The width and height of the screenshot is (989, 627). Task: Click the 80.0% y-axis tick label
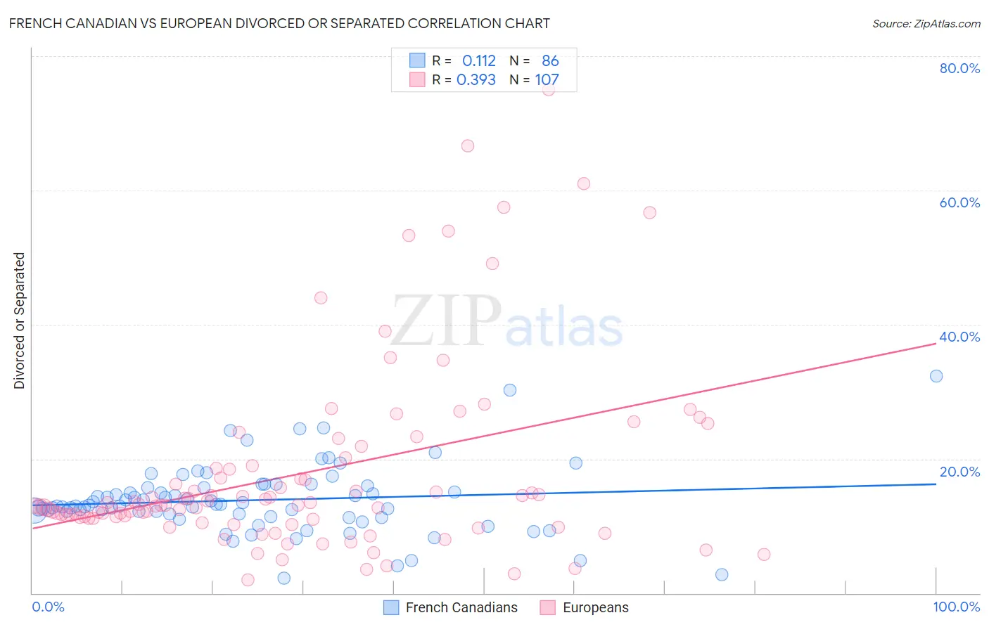[x=959, y=68]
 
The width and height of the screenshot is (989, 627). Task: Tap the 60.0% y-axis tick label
[x=959, y=202]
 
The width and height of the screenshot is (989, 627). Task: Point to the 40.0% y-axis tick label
[x=959, y=337]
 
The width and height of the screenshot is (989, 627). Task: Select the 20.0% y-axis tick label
[x=959, y=472]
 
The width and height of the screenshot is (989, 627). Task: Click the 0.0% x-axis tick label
[x=48, y=607]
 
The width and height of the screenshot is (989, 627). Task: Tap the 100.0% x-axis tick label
[x=956, y=607]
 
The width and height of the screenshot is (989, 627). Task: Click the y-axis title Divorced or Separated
[x=19, y=321]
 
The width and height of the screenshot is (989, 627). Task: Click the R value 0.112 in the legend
[x=478, y=61]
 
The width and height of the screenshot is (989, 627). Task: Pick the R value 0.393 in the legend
[x=476, y=80]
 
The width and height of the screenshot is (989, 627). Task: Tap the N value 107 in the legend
[x=547, y=80]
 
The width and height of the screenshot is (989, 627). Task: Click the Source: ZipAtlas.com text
[x=926, y=23]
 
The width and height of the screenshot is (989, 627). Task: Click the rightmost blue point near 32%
[x=936, y=376]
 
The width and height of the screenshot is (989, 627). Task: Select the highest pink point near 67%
[x=468, y=146]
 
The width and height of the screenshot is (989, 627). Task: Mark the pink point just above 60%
[x=583, y=183]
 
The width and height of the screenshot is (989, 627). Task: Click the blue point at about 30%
[x=510, y=390]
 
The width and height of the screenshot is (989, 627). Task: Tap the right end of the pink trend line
[x=936, y=343]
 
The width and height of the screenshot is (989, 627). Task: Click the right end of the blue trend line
[x=936, y=484]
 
